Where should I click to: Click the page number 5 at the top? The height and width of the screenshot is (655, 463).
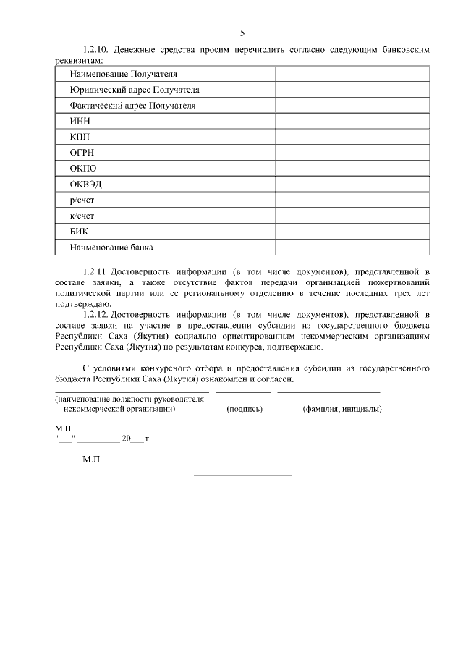[x=242, y=33]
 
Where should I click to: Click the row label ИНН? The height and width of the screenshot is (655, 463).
[x=79, y=122]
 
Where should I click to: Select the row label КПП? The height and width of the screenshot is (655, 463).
[x=79, y=137]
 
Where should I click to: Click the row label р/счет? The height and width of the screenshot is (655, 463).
[x=82, y=200]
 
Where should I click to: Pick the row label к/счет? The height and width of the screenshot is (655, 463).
[x=82, y=216]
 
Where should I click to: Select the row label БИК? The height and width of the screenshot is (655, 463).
[x=79, y=232]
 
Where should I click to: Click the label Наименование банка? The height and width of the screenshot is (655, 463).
[x=111, y=248]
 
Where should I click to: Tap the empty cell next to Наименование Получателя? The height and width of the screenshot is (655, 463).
[x=352, y=74]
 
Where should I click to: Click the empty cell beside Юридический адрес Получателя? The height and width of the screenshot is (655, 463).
[x=352, y=90]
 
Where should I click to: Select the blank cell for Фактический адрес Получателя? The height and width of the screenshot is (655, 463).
[x=352, y=106]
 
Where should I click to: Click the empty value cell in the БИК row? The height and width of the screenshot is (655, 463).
[x=352, y=232]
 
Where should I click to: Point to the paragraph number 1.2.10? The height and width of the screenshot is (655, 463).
[x=95, y=50]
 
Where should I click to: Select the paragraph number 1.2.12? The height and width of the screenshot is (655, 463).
[x=95, y=316]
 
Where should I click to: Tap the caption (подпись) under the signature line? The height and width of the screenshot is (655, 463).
[x=245, y=410]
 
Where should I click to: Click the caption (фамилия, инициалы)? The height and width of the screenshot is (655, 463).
[x=342, y=410]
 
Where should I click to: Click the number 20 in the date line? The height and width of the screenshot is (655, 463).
[x=127, y=439]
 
